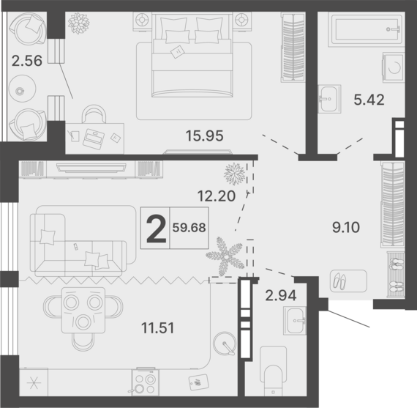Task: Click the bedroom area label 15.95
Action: click(x=204, y=136)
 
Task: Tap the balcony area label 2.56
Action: click(x=27, y=61)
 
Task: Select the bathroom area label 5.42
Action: click(x=369, y=100)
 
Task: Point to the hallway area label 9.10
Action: click(x=346, y=227)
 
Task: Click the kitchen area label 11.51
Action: click(x=158, y=328)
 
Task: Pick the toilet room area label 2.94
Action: click(x=281, y=295)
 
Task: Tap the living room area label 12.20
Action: click(x=217, y=196)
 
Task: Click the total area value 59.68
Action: click(x=189, y=228)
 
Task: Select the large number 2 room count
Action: click(x=157, y=228)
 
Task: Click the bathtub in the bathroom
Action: click(x=367, y=29)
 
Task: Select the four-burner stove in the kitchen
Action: click(x=145, y=382)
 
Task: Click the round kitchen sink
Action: click(x=225, y=344)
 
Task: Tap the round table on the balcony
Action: click(x=23, y=89)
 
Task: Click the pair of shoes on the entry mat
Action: click(x=339, y=281)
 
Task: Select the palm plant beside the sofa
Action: click(x=225, y=256)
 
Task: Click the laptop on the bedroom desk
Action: click(x=94, y=139)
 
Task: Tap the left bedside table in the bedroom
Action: click(x=142, y=21)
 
